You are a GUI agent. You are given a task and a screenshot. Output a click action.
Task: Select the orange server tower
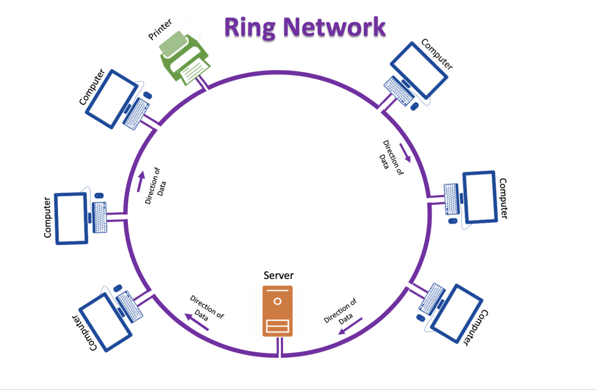tap(278, 310)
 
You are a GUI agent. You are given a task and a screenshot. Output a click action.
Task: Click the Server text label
tap(279, 275)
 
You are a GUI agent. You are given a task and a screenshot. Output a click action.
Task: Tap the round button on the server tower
tap(278, 302)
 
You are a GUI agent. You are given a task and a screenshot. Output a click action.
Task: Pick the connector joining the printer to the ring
tap(204, 84)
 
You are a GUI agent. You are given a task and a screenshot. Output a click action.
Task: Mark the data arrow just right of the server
tap(350, 326)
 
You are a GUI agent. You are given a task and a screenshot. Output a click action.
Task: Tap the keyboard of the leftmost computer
tap(100, 217)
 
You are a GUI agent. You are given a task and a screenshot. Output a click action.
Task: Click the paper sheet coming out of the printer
tap(190, 71)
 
